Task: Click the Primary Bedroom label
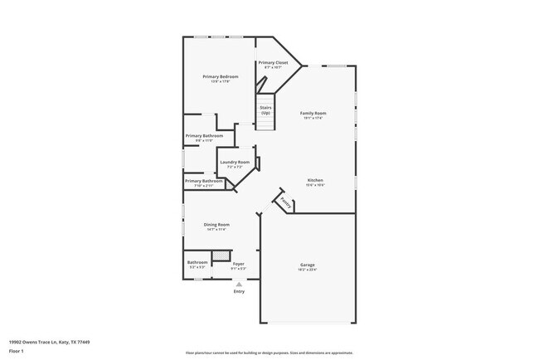point(220,76)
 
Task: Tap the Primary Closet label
point(273,62)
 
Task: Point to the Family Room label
point(313,113)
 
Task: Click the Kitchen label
point(315,180)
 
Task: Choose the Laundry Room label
point(235,162)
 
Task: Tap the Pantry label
point(285,202)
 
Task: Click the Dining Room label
point(217,224)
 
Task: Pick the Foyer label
point(237,264)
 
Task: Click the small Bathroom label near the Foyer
point(197,263)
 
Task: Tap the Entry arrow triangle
point(239,284)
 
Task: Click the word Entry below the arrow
point(239,291)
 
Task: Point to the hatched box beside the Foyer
point(221,255)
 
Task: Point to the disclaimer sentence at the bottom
point(269,353)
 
